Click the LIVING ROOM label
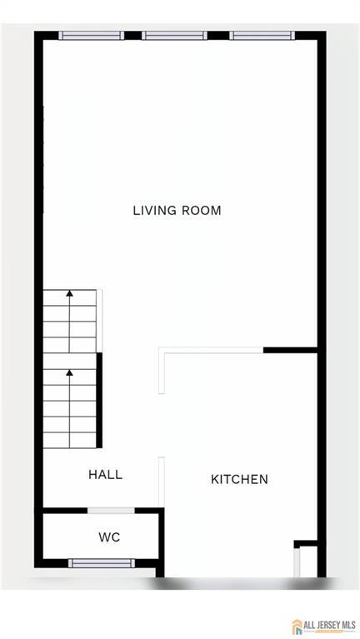(x=177, y=211)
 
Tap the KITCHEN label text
(x=239, y=479)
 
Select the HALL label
(x=105, y=474)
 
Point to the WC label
(x=109, y=537)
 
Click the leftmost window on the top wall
(x=92, y=36)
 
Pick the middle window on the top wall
(x=174, y=36)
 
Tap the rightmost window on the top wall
(x=262, y=36)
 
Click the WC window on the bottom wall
(x=101, y=563)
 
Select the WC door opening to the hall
(x=111, y=511)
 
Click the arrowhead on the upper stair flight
(x=70, y=292)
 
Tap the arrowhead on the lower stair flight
(x=70, y=372)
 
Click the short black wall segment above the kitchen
(x=290, y=350)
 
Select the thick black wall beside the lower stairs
(x=99, y=400)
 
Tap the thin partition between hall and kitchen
(x=162, y=482)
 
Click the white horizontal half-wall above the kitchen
(x=211, y=350)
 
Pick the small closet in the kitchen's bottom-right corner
(x=306, y=559)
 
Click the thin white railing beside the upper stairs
(x=99, y=321)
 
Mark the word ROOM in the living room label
(x=202, y=211)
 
